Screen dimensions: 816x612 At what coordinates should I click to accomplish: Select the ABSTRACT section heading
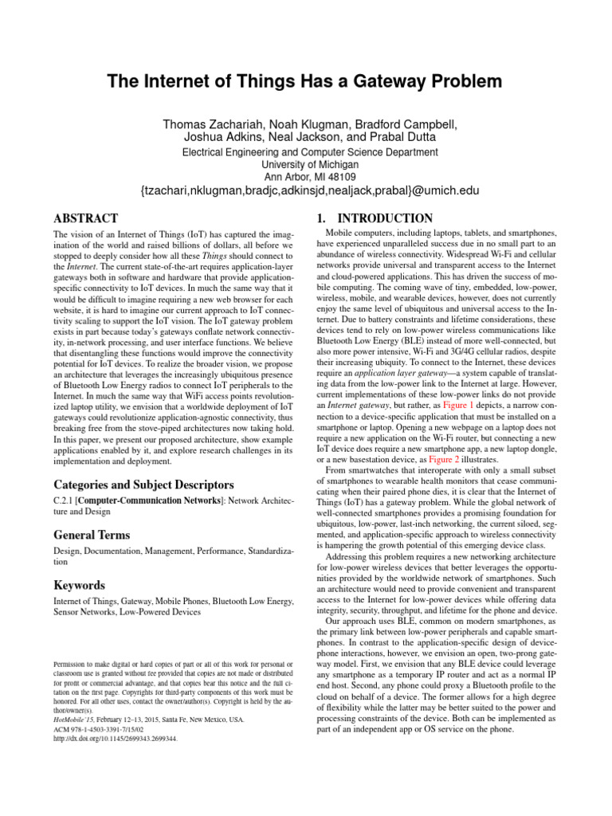pyautogui.click(x=85, y=218)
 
